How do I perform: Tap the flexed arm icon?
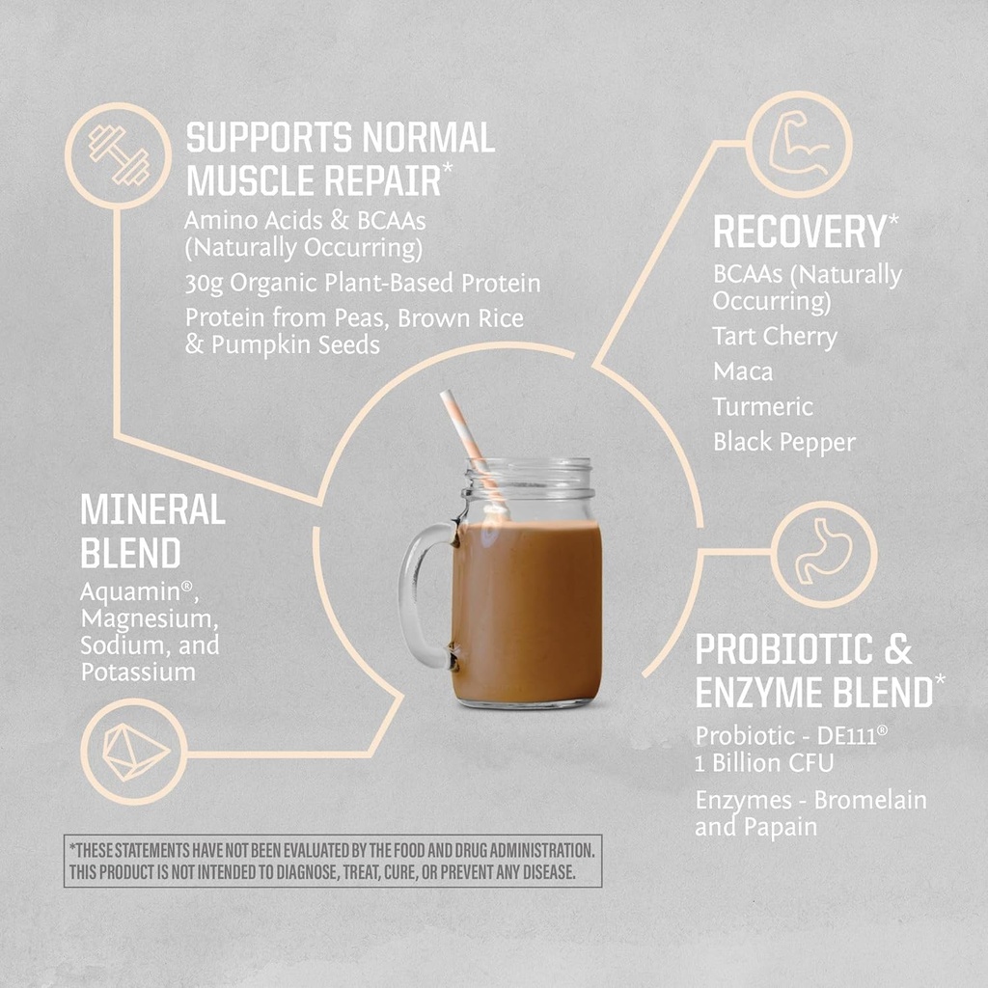pos(800,145)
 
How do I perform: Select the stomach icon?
pos(823,555)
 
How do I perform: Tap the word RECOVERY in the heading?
pos(799,233)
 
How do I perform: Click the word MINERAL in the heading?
pos(152,510)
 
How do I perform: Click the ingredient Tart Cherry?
pos(775,337)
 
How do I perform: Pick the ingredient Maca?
pos(743,371)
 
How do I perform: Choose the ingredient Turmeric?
pos(763,407)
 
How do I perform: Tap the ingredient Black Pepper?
pos(783,443)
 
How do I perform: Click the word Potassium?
pos(138,672)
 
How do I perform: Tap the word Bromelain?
pos(869,800)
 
